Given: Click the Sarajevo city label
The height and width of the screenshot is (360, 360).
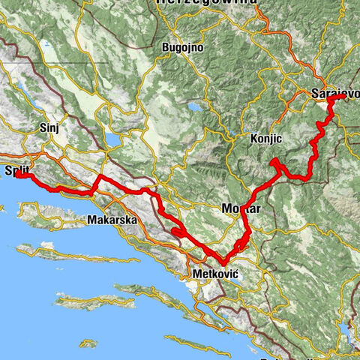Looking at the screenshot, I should coord(334,94).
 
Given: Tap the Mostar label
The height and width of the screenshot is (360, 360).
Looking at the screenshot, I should coord(241,209).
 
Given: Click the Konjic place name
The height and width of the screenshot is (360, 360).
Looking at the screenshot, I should coord(266,139).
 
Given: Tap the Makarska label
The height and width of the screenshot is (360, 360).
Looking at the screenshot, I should coord(111,220).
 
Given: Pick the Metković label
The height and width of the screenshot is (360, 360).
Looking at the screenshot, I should coord(215,274).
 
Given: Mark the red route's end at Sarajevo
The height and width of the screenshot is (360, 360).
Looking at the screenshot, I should coord(343,97).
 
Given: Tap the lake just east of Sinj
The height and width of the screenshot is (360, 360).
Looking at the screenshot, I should coord(114,139).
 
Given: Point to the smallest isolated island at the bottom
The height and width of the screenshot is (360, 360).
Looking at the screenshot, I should coord(88,343).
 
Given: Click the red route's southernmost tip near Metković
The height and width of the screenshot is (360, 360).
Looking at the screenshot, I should coord(217,261).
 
